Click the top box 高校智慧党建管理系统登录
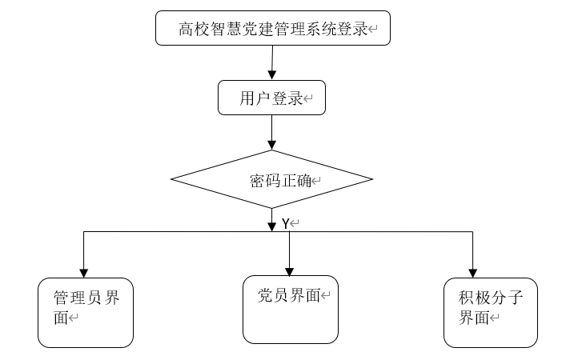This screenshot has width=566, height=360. click(273, 28)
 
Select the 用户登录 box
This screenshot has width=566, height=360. click(272, 98)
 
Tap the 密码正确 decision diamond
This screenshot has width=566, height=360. click(272, 179)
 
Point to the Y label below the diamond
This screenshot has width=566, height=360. click(286, 224)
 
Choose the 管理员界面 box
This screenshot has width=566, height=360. click(86, 313)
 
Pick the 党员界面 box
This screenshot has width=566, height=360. click(291, 310)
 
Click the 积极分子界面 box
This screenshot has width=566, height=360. click(491, 313)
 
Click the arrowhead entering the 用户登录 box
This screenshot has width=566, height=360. click(272, 75)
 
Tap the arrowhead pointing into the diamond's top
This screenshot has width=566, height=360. click(272, 145)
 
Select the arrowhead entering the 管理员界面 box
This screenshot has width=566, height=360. click(84, 273)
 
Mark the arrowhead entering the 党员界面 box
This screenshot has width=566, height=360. click(289, 272)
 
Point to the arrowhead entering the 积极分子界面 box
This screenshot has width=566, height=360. click(472, 273)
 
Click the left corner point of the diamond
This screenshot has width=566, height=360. click(171, 179)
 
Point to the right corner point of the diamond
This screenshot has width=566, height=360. click(373, 179)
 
